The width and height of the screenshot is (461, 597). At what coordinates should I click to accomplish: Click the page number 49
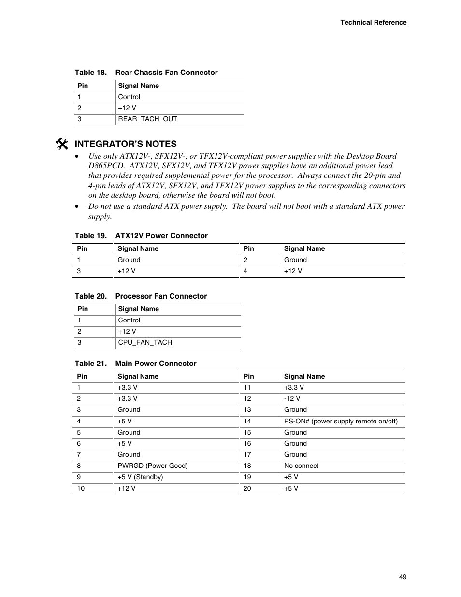403,577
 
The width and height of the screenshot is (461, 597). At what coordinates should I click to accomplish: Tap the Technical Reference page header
373,22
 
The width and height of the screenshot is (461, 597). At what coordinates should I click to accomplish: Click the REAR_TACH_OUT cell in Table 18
147,119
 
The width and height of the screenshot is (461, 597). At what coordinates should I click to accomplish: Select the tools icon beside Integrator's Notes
61,144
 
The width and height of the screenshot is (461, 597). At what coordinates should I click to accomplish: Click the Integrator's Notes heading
126,144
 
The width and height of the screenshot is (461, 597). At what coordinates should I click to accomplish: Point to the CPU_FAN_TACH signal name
145,343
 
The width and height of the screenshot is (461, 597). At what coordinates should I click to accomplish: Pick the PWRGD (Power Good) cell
152,466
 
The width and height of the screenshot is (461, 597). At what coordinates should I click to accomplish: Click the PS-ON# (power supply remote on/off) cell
341,422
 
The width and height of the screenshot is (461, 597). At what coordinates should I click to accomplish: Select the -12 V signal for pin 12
292,399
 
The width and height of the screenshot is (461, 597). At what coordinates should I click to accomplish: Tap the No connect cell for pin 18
301,466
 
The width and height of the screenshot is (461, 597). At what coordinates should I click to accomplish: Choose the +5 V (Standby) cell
140,477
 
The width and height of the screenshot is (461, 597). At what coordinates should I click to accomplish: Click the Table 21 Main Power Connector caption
135,364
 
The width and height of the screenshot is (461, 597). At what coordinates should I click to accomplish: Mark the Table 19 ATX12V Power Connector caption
141,236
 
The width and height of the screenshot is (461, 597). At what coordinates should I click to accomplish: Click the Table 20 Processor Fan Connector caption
141,296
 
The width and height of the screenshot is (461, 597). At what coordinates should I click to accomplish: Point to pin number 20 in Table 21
247,489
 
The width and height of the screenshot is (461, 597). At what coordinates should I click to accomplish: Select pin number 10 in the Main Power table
81,489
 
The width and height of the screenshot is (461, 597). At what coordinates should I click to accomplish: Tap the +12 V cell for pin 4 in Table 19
293,271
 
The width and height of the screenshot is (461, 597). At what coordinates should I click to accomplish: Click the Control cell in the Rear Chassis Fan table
129,97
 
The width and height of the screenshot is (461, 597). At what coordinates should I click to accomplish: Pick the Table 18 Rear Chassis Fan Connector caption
146,73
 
